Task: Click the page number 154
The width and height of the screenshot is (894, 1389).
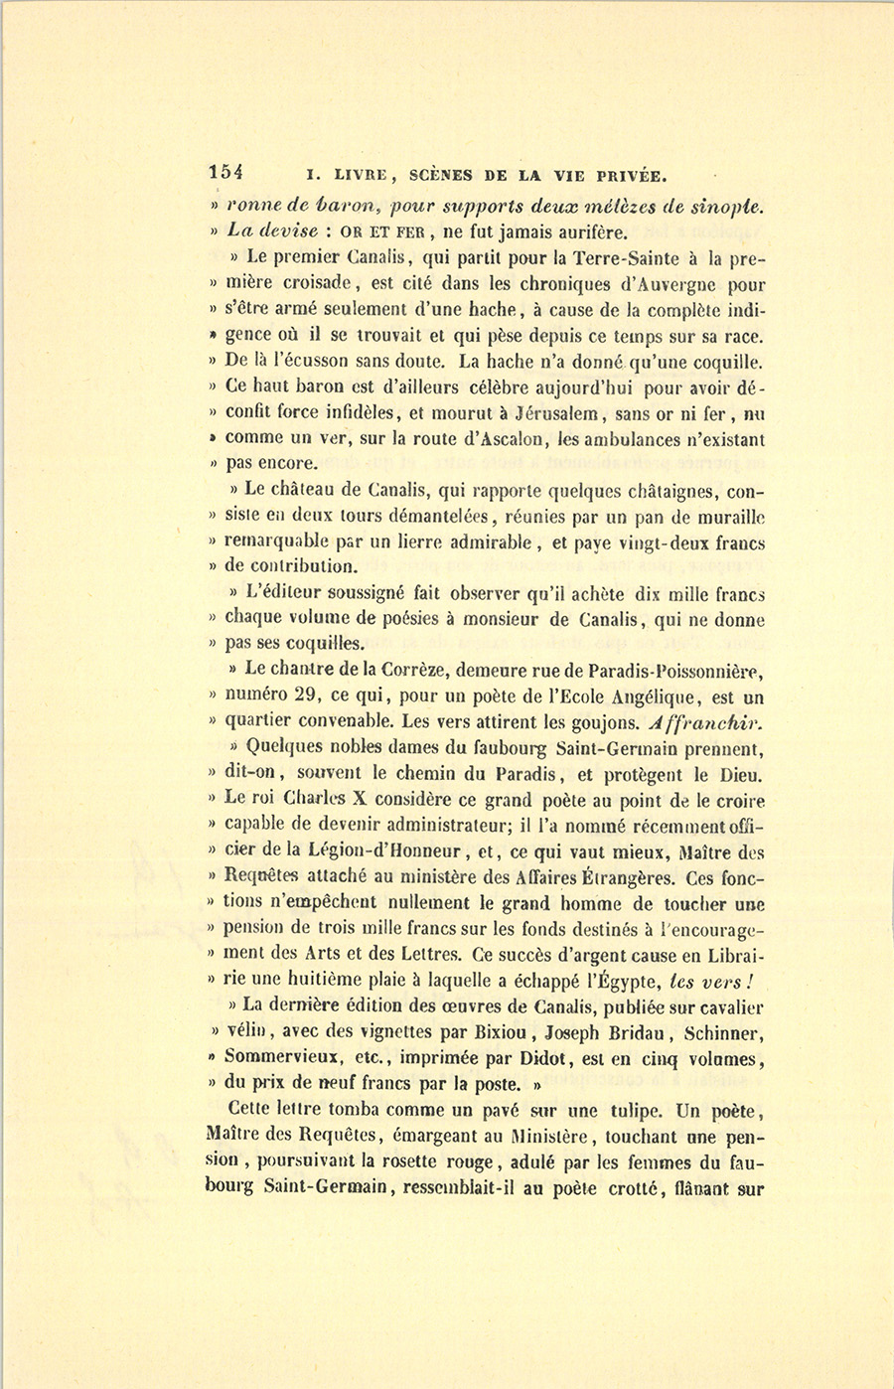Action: coord(225,171)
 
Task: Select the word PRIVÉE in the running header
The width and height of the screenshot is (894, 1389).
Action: coord(631,176)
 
